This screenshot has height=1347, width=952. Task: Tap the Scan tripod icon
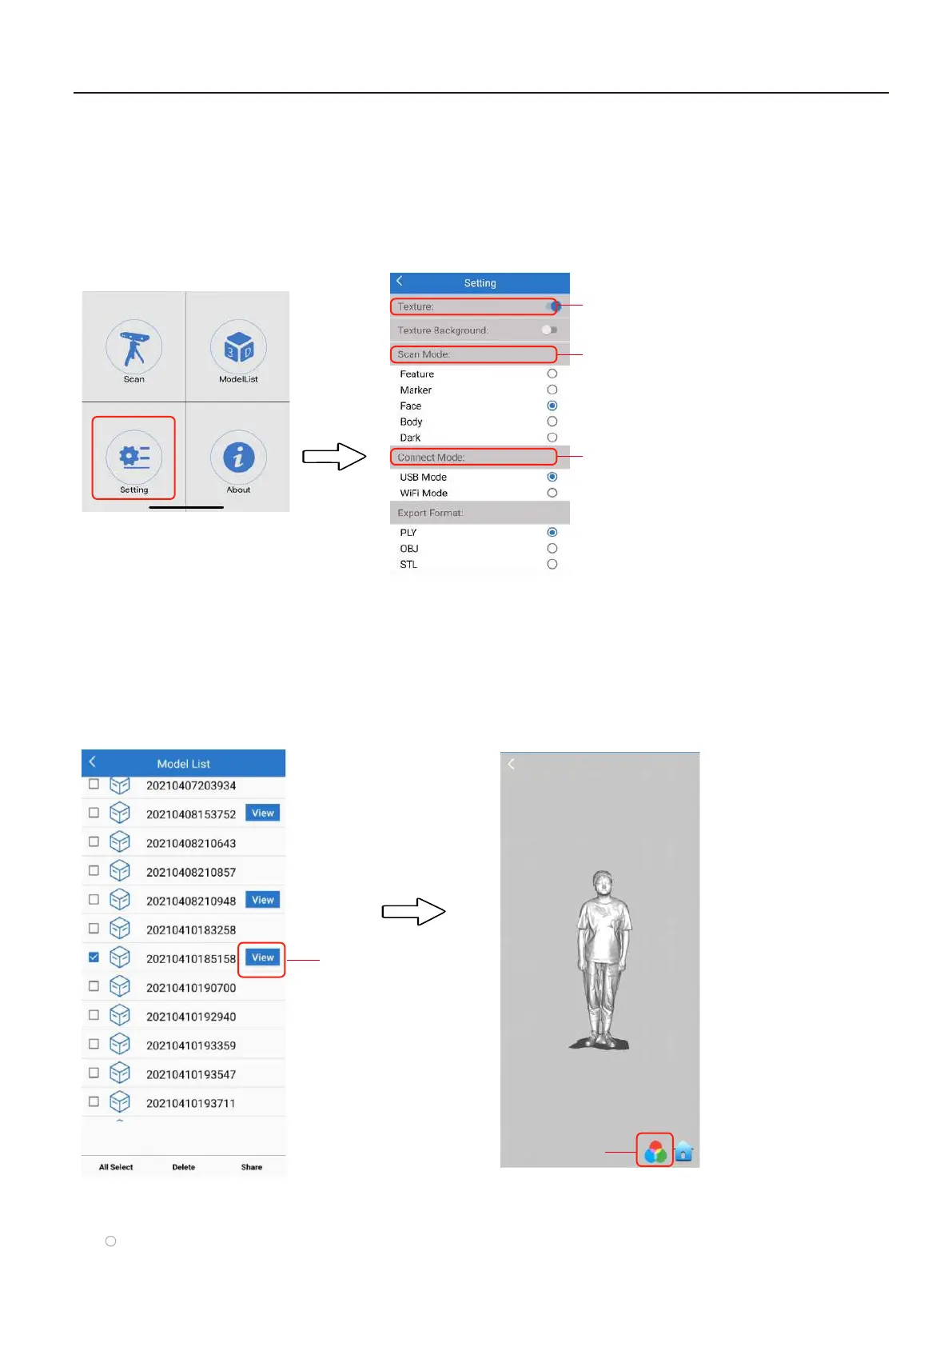[x=134, y=347]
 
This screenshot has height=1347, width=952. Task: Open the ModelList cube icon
[x=238, y=347]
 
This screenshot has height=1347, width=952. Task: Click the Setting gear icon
[x=134, y=457]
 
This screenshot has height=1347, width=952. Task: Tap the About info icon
[x=238, y=457]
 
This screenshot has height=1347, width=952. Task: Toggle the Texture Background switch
[x=549, y=330]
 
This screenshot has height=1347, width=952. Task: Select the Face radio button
[x=552, y=406]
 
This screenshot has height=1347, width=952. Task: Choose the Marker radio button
[x=552, y=390]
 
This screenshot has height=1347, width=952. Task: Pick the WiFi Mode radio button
[x=552, y=493]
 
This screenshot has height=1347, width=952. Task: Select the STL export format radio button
[x=552, y=564]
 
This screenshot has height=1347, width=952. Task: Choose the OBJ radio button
[x=552, y=548]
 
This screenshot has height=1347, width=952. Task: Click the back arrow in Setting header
[x=400, y=282]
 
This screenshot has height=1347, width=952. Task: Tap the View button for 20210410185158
[x=262, y=957]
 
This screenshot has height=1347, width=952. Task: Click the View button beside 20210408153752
[x=262, y=813]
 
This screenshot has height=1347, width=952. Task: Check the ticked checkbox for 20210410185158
[x=94, y=957]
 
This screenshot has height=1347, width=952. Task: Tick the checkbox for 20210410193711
[x=94, y=1101]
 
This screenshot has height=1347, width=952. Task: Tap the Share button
[x=252, y=1167]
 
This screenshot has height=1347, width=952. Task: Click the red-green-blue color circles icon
[x=655, y=1151]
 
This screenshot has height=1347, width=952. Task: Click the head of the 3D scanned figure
[x=603, y=884]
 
